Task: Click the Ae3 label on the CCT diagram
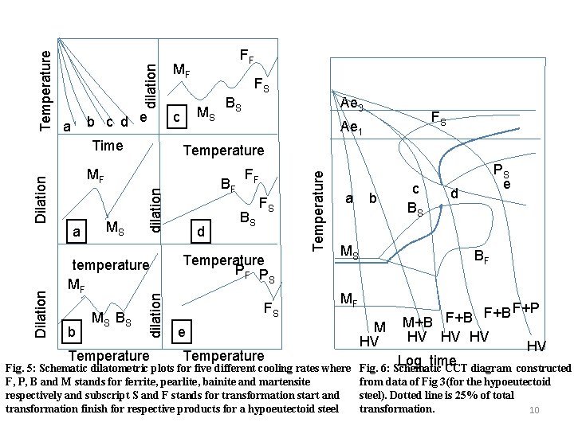point(352,104)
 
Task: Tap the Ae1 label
point(351,127)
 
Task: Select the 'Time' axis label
point(108,145)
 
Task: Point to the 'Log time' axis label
point(427,361)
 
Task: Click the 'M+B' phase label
point(418,322)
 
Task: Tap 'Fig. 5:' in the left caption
point(19,369)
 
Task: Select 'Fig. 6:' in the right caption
point(376,369)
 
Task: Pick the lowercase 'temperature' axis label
point(111,264)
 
